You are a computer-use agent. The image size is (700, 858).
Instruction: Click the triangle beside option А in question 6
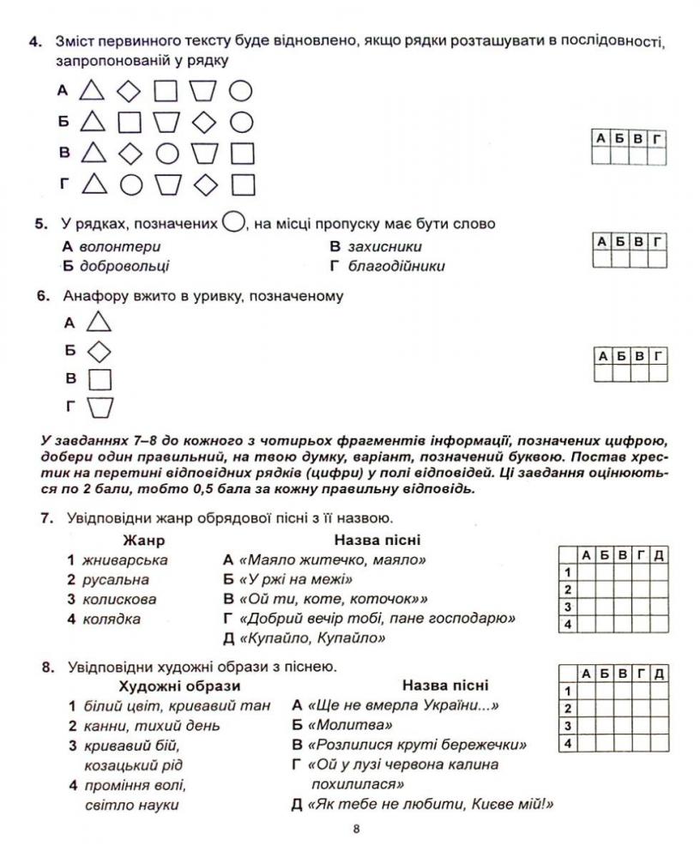(100, 323)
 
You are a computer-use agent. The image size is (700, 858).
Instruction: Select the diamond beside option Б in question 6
(100, 350)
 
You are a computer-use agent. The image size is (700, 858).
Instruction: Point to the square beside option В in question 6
(100, 378)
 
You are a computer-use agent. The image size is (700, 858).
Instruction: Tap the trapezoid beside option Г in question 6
(100, 407)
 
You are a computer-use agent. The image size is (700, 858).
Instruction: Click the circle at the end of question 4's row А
(242, 90)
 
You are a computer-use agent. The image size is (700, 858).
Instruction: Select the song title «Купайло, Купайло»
(312, 637)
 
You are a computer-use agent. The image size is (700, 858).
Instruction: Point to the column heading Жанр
(143, 541)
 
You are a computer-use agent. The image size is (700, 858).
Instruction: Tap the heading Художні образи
(179, 686)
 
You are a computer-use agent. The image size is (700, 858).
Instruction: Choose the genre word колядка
(112, 619)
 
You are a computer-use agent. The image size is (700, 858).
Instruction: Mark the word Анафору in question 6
(94, 296)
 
